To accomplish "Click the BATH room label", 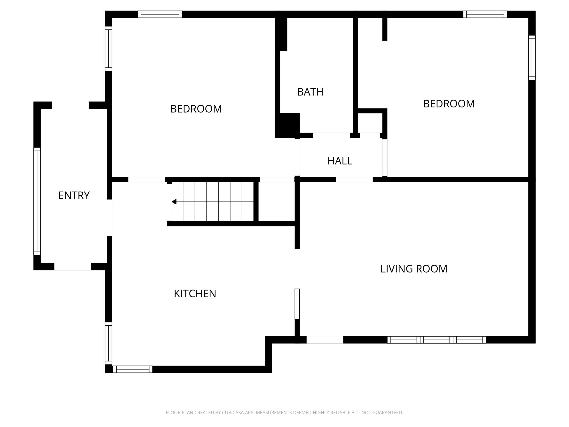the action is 310,92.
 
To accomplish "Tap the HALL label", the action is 340,161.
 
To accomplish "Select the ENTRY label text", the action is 74,195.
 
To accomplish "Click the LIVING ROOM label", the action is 414,269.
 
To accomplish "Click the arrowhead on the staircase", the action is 174,202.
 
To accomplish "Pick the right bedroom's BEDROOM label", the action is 449,104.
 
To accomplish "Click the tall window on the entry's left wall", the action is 37,201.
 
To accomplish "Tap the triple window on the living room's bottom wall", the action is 437,340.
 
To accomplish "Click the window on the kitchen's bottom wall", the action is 133,369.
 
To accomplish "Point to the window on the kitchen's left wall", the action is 108,343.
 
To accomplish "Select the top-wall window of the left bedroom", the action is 160,14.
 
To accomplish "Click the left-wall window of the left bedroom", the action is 108,48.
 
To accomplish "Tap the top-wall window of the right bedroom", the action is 485,14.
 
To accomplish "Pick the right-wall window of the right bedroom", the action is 532,58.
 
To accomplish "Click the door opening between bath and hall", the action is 332,135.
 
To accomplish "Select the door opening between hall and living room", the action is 354,180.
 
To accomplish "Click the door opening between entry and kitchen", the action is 110,218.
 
